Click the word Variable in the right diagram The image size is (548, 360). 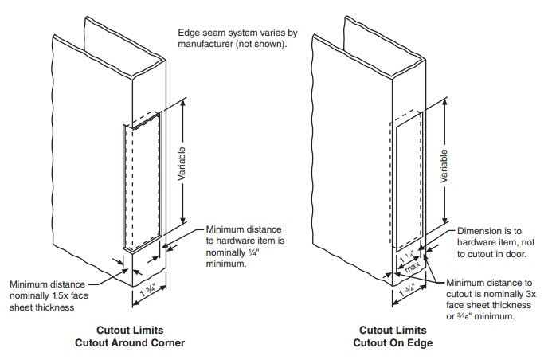pyautogui.click(x=444, y=167)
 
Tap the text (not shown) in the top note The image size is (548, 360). pyautogui.click(x=267, y=44)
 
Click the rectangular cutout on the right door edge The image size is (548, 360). pyautogui.click(x=407, y=182)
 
